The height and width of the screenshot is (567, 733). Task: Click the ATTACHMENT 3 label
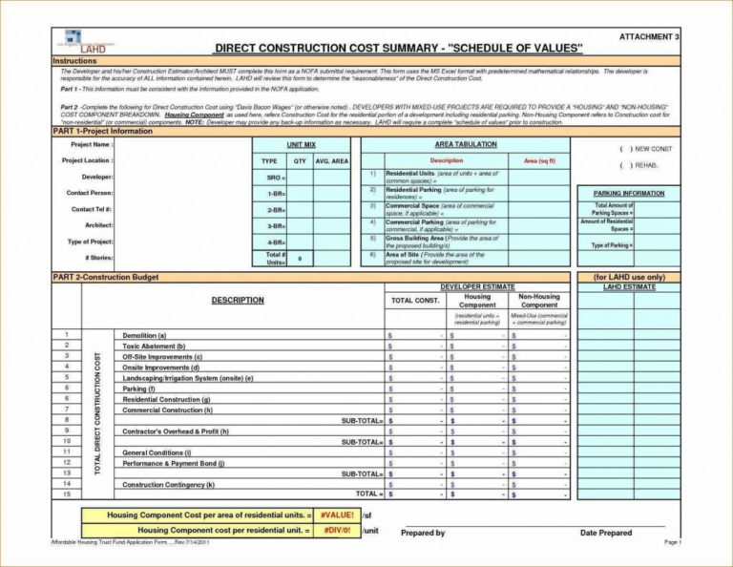[x=649, y=36]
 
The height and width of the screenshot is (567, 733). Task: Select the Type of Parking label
[x=612, y=245]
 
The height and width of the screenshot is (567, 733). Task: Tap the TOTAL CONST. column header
[x=415, y=301]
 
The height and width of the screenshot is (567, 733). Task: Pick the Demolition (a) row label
[x=145, y=335]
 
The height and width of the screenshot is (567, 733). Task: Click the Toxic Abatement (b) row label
[x=154, y=346]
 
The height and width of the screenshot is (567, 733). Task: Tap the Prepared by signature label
[x=423, y=533]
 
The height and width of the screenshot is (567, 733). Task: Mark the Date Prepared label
[x=605, y=533]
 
